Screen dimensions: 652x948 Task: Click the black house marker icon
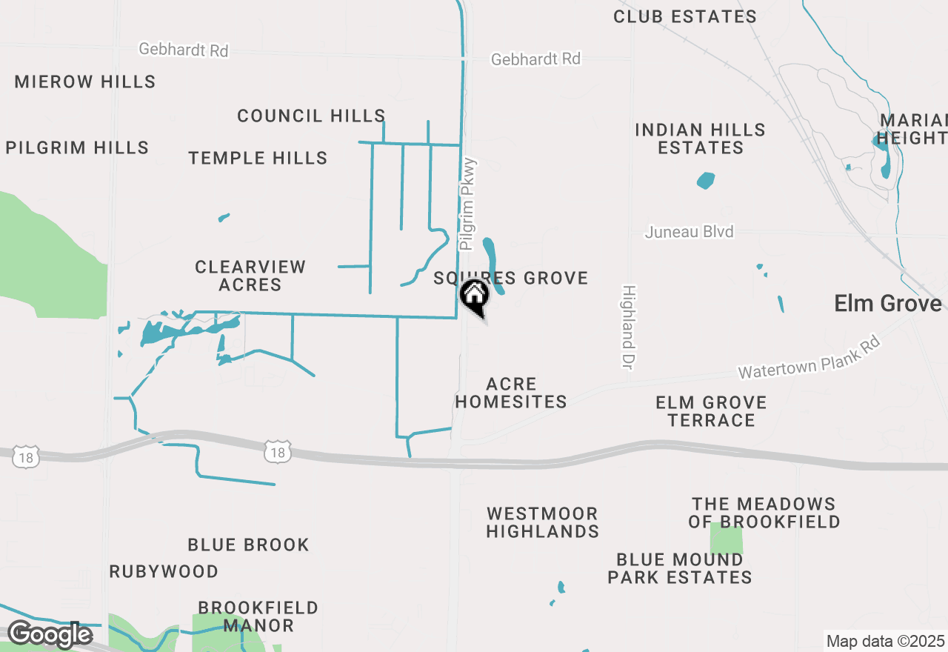(x=474, y=296)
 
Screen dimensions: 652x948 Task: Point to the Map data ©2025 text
(x=885, y=641)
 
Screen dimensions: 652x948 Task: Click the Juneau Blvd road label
(x=689, y=232)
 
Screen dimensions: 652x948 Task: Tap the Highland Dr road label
(x=629, y=327)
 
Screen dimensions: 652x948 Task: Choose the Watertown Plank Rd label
(x=810, y=358)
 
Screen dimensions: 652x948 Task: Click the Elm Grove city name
(x=887, y=303)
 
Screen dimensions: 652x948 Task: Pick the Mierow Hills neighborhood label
(x=85, y=81)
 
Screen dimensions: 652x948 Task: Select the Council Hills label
(x=311, y=116)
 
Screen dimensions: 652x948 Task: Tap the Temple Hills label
(x=258, y=158)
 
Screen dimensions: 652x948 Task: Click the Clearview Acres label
(x=250, y=276)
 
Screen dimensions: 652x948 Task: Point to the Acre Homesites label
(x=511, y=393)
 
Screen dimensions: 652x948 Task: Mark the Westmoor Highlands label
(x=543, y=522)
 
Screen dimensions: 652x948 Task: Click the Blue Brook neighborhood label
(x=248, y=545)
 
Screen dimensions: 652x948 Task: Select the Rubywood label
(x=164, y=571)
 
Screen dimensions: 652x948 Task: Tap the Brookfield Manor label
(x=258, y=616)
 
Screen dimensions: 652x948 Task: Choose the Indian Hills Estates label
(x=700, y=139)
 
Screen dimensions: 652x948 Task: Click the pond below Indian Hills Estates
(x=706, y=180)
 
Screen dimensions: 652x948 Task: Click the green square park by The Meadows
(x=726, y=539)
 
